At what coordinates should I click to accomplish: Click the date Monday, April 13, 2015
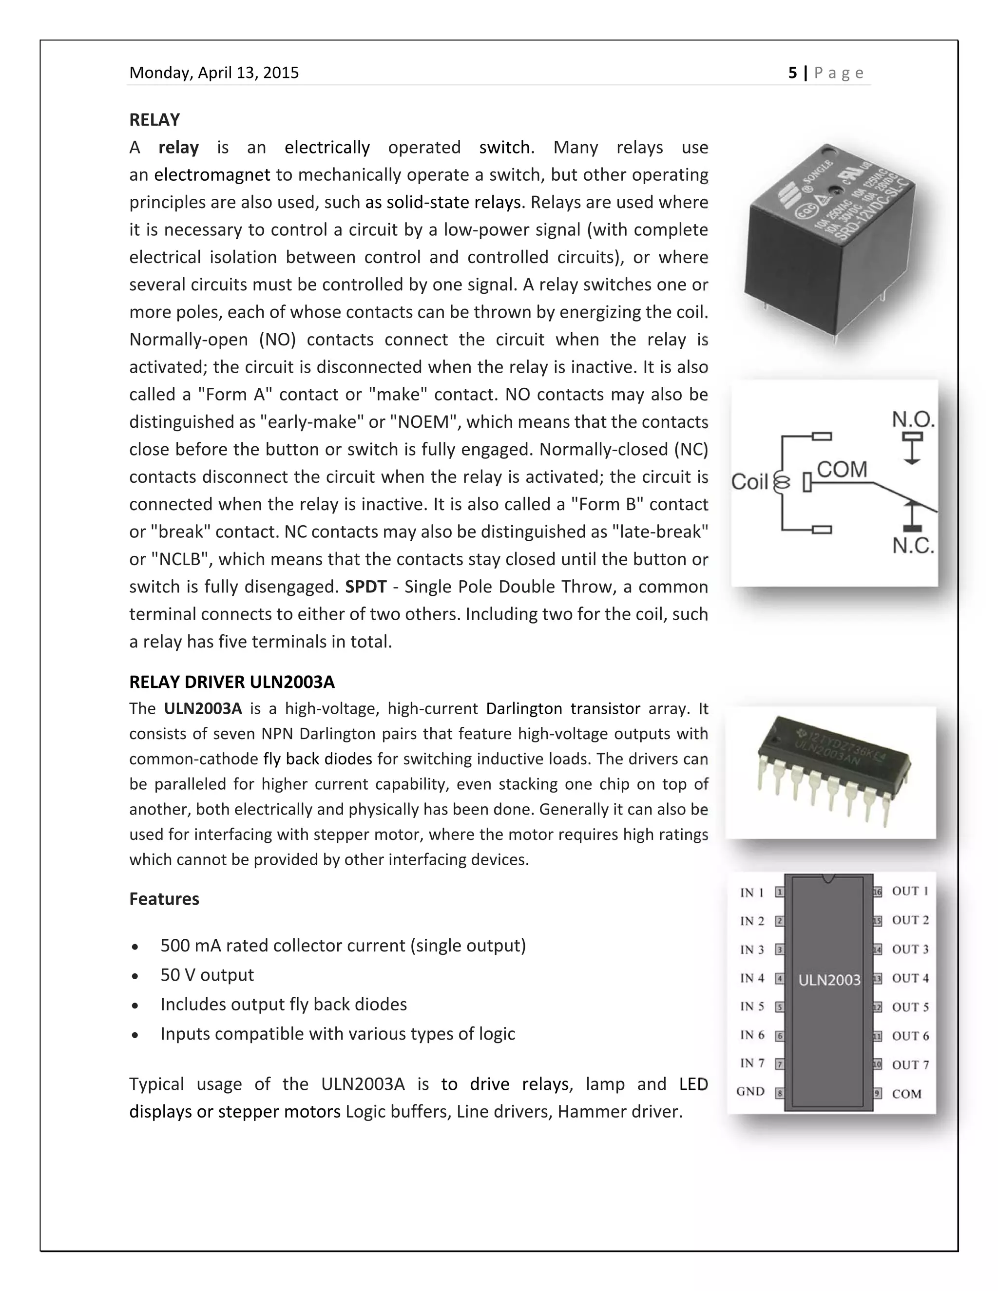214,73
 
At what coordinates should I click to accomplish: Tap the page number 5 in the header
792,73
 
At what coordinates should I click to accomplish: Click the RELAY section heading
154,120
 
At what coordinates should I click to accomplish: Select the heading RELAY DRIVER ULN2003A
232,682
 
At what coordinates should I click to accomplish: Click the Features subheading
164,899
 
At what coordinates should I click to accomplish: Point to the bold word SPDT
365,587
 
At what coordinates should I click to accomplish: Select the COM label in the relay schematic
842,469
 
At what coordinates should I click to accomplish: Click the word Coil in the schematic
749,482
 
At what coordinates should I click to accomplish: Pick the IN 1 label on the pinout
751,892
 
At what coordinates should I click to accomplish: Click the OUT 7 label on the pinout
910,1064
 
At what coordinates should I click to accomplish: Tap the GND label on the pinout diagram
750,1092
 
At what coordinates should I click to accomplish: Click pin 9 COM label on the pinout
906,1094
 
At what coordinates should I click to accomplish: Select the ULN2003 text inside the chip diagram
829,981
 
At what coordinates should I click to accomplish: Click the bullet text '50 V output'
207,975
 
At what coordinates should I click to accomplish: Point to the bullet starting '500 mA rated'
343,945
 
